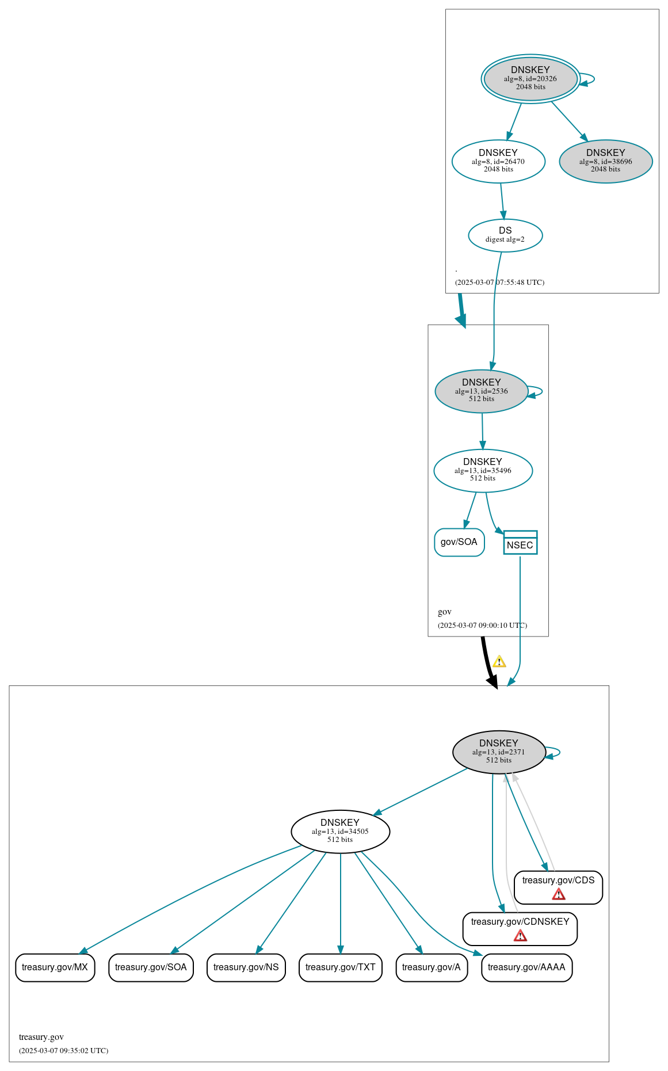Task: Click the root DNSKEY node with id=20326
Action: point(530,78)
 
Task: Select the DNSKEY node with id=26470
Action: point(498,161)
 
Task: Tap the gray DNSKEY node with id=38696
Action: point(605,161)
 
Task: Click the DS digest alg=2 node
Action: point(505,235)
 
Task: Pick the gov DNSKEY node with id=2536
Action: point(481,391)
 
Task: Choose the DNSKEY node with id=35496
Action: point(483,470)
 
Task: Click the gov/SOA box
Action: point(459,542)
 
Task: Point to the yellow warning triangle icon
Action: point(499,662)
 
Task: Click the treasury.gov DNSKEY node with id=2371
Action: point(499,752)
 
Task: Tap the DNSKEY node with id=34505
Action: point(340,831)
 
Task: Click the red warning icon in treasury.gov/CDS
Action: point(558,894)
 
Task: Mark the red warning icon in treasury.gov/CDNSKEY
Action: point(520,936)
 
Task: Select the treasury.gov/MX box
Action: point(55,967)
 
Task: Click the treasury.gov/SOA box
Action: point(151,967)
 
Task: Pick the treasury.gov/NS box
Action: point(246,967)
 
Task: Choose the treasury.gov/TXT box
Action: point(340,967)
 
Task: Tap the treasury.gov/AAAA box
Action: point(526,967)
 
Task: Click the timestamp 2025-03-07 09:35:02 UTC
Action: point(63,1050)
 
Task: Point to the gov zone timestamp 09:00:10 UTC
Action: point(482,625)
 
